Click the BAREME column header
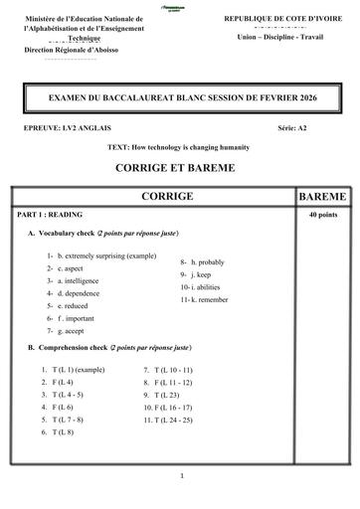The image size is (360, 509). pyautogui.click(x=321, y=197)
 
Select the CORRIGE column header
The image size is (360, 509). pyautogui.click(x=167, y=197)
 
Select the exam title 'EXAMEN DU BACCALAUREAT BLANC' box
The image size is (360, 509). pyautogui.click(x=179, y=100)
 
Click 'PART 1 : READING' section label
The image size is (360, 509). pyautogui.click(x=48, y=215)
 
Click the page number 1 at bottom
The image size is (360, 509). pyautogui.click(x=181, y=476)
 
